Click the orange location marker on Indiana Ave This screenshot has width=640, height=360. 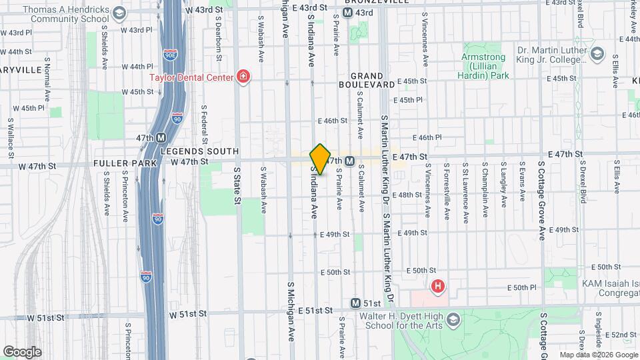click(x=321, y=159)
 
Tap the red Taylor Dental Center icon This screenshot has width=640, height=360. click(x=243, y=77)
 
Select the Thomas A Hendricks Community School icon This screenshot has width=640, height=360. click(x=119, y=13)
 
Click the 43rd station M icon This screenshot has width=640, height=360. click(x=347, y=13)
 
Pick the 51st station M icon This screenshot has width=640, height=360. click(x=356, y=303)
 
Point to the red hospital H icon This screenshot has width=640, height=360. click(x=438, y=287)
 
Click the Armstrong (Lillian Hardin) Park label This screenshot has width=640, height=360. click(x=485, y=67)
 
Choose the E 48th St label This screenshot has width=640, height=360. click(x=409, y=195)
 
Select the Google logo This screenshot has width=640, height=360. click(x=22, y=351)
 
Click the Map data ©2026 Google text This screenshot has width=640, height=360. click(x=597, y=355)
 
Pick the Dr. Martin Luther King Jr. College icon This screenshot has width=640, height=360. click(x=597, y=54)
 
